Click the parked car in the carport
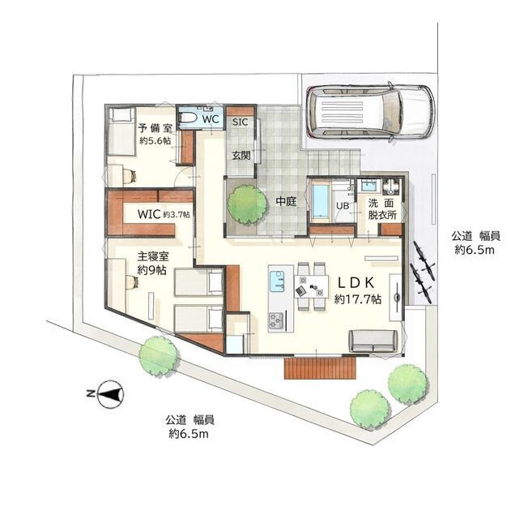(370, 112)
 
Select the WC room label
(211, 119)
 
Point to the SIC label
(240, 122)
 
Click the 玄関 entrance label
(241, 155)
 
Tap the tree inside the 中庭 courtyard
(247, 204)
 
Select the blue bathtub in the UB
(320, 202)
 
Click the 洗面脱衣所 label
(382, 209)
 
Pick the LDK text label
(356, 283)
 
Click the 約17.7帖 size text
(358, 299)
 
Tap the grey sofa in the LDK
(373, 341)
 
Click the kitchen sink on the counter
(277, 281)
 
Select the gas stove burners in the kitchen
(275, 321)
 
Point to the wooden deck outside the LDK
(320, 367)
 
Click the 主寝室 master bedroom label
(153, 256)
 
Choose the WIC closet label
(149, 214)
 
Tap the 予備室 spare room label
(155, 127)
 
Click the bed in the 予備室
(122, 131)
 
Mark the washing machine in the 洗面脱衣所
(391, 187)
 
